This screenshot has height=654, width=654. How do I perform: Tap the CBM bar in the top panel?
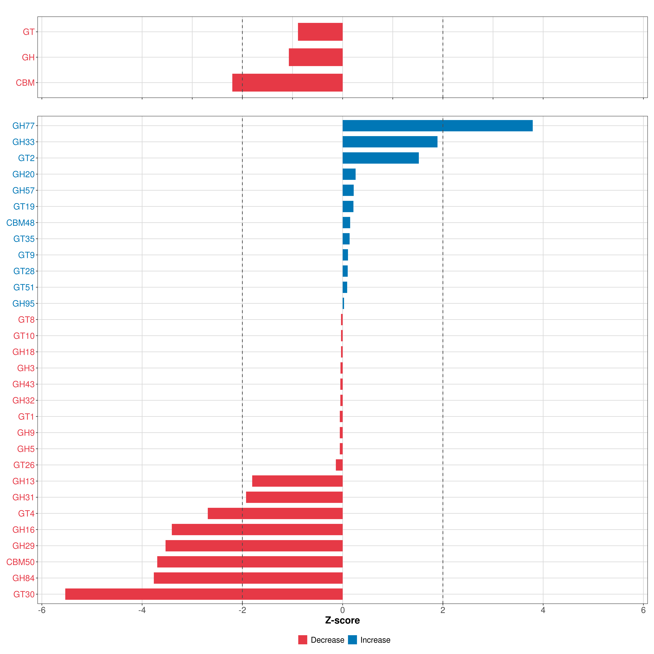tap(287, 83)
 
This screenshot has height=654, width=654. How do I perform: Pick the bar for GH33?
tap(390, 142)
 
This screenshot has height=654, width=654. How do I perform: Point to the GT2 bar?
tap(381, 158)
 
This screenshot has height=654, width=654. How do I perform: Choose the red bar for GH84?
tap(248, 578)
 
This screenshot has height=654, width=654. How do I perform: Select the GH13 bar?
tap(297, 481)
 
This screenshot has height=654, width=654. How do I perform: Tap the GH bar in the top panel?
tap(316, 57)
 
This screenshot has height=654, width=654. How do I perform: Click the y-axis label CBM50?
tap(20, 562)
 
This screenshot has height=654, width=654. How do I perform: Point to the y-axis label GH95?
tap(23, 304)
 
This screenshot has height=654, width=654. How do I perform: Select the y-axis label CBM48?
tap(20, 223)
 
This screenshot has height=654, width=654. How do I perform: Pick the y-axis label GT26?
tap(24, 465)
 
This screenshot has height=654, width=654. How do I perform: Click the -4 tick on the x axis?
tap(142, 610)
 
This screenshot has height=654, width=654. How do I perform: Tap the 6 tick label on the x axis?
tap(643, 610)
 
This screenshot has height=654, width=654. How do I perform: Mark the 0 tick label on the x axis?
tap(343, 610)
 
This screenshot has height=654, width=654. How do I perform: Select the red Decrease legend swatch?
tap(303, 640)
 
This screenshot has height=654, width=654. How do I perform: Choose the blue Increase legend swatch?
tap(352, 640)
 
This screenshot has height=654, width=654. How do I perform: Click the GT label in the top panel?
tap(28, 32)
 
